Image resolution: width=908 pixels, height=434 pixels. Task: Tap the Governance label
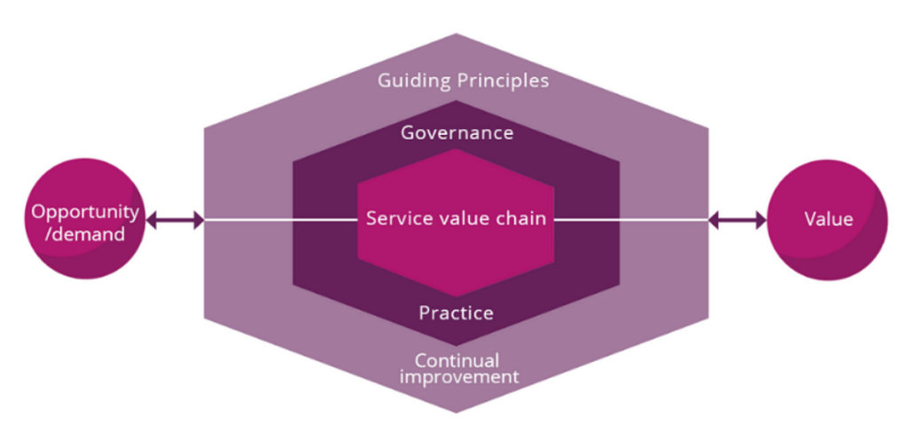[x=457, y=133]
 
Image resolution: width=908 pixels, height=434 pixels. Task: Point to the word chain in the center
[x=521, y=218]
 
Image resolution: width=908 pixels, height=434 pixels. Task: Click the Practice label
[x=456, y=313]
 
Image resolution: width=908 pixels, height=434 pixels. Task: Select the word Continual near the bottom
[x=457, y=360]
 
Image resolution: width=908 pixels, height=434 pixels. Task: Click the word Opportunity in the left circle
[x=84, y=212]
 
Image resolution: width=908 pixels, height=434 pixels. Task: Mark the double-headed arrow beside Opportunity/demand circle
[x=174, y=219]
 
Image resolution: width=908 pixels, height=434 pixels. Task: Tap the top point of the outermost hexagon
[x=457, y=36]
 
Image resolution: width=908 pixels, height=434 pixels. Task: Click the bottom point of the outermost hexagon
[x=457, y=411]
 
